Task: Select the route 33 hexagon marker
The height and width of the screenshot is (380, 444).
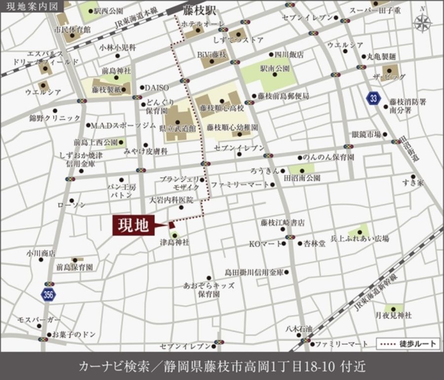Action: (373, 98)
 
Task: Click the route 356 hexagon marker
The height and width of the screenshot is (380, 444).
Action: (48, 295)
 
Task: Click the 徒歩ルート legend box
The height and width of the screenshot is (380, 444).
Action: (407, 344)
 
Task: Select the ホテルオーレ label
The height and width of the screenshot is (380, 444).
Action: (202, 24)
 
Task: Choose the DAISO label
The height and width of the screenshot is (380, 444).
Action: (157, 87)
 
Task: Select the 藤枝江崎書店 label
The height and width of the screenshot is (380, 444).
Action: (283, 223)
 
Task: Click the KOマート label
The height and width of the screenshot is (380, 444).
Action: (266, 243)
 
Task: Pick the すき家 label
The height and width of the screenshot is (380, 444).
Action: (412, 183)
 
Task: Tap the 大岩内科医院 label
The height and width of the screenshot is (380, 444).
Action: (172, 201)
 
